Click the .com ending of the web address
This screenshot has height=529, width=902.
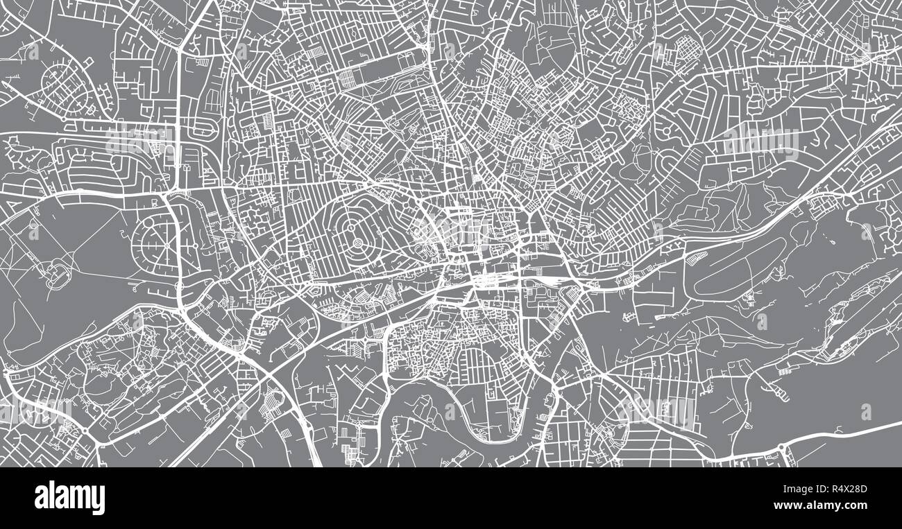pyautogui.click(x=857, y=506)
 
